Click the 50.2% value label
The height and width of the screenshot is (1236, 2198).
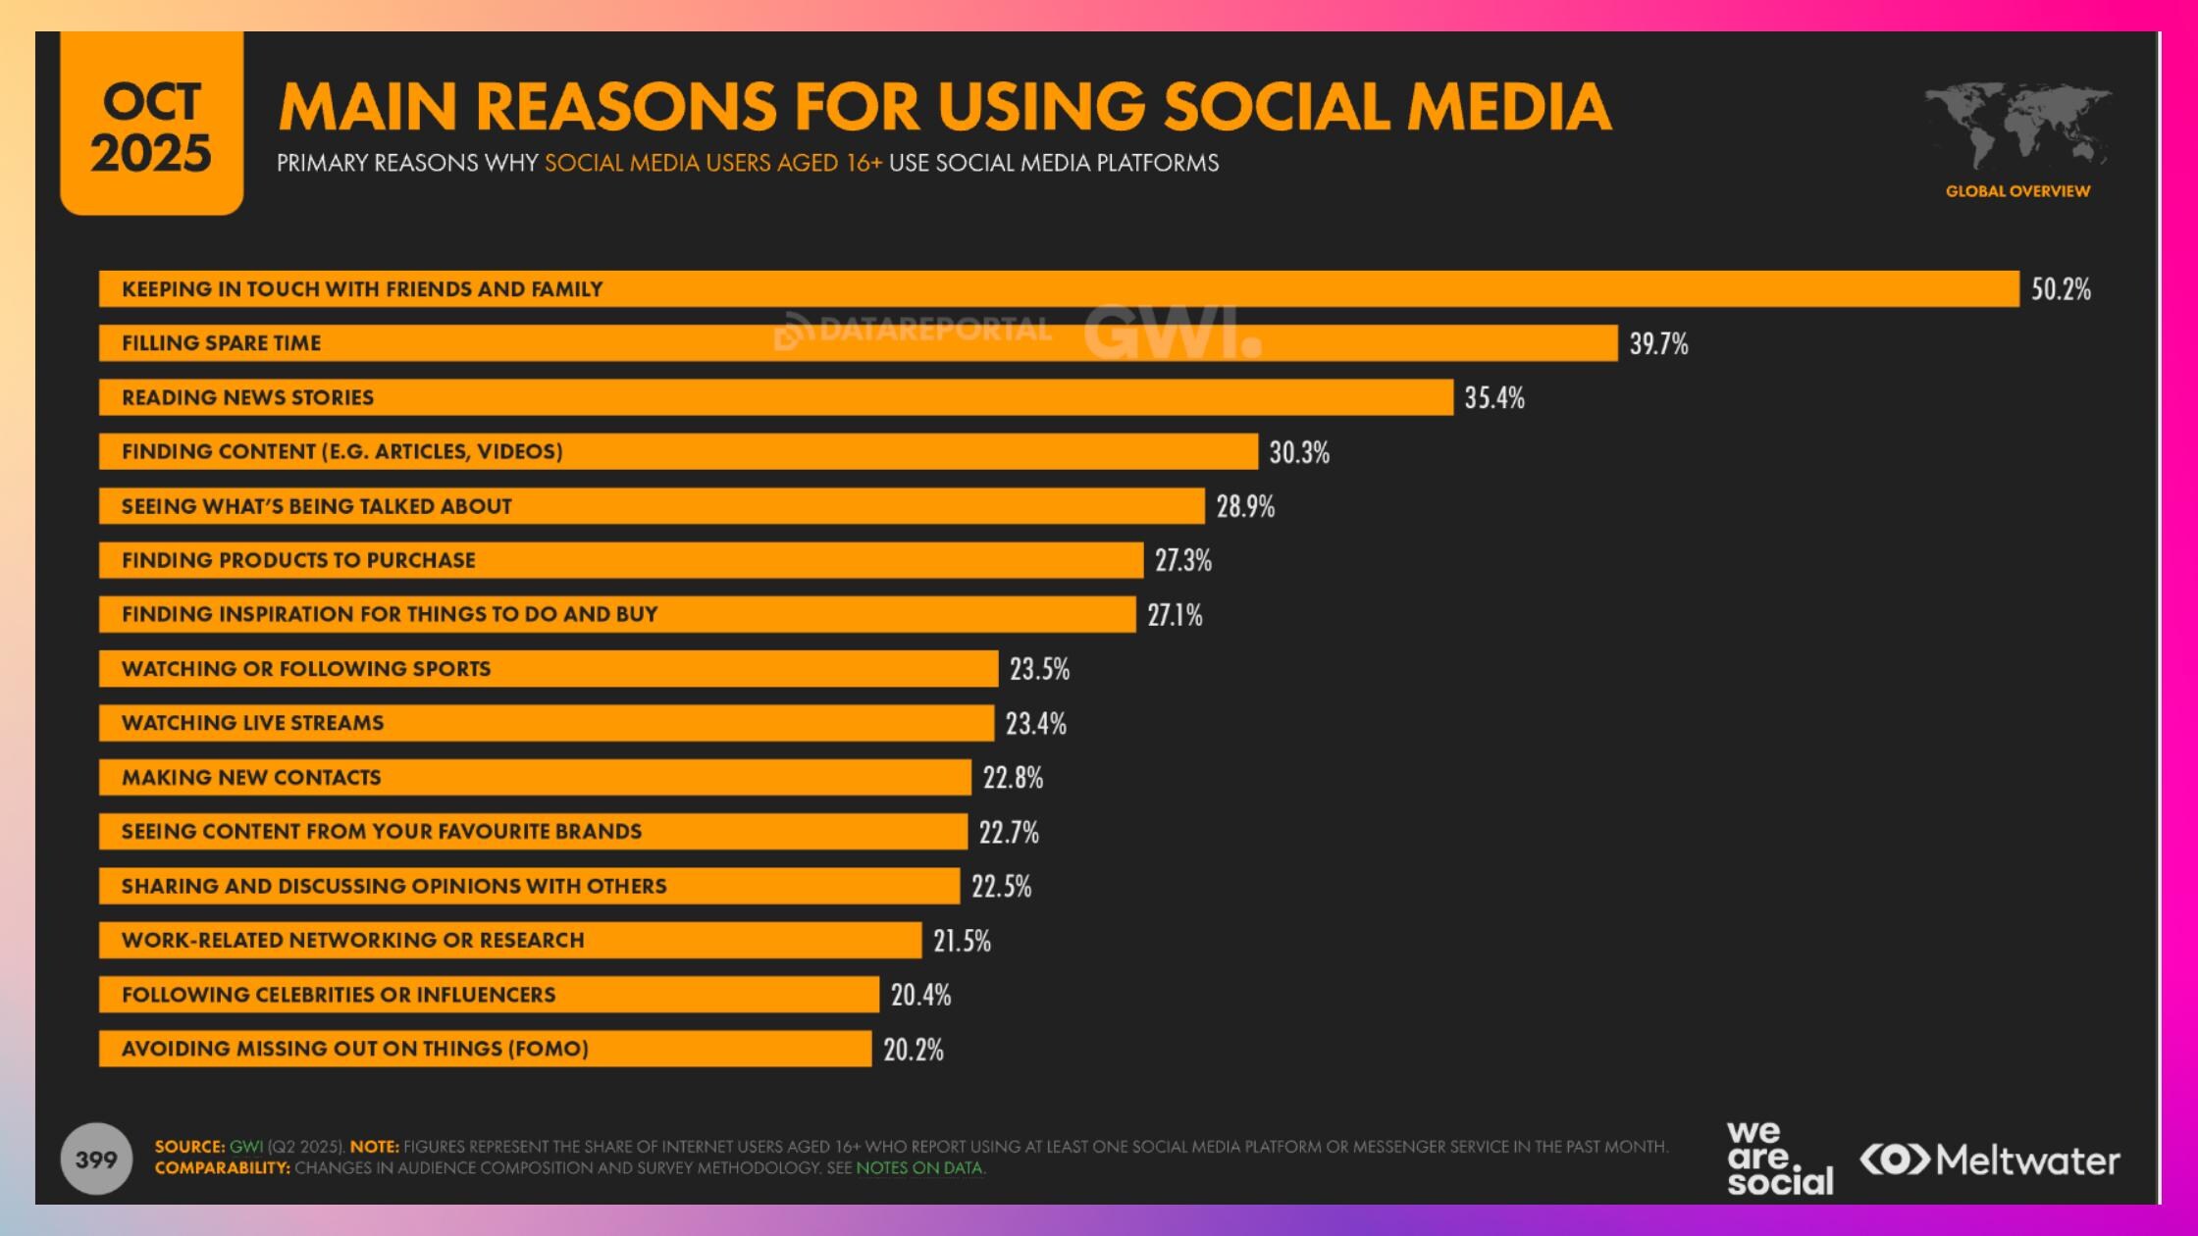coord(2060,289)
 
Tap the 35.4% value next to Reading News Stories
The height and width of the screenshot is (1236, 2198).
coord(1493,397)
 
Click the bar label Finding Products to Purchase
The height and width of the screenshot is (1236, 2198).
coord(298,560)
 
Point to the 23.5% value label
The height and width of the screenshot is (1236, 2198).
coord(1039,669)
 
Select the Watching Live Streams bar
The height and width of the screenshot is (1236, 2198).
coord(546,723)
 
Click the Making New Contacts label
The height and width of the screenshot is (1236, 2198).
coord(251,777)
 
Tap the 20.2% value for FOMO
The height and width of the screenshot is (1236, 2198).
coord(913,1050)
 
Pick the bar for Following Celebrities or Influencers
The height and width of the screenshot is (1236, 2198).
coord(489,995)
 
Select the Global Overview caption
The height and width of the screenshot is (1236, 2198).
coord(2017,191)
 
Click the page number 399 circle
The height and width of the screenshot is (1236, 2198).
coord(96,1159)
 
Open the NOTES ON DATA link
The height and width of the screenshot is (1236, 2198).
coord(918,1168)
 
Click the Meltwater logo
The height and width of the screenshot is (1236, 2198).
coord(1990,1160)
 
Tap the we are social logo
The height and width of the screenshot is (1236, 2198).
coord(1778,1159)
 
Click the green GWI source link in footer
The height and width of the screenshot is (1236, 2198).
coord(245,1147)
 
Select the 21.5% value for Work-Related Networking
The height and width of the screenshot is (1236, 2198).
coord(962,941)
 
